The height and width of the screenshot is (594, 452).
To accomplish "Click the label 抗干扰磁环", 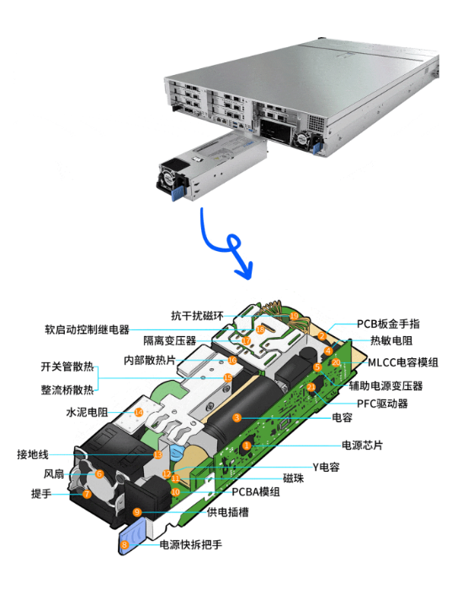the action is (x=197, y=315).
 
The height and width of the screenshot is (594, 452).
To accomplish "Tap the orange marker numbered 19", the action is (x=294, y=316).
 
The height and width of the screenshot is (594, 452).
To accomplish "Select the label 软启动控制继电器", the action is (x=87, y=329).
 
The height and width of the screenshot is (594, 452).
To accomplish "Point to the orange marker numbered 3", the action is (x=237, y=417).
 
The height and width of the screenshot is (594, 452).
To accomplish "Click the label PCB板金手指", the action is (x=388, y=324).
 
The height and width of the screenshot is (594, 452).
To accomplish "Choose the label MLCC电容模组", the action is (x=403, y=362).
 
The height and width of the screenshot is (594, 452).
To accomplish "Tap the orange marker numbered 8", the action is (x=125, y=545).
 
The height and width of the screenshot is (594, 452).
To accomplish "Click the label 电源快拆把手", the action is (x=191, y=544).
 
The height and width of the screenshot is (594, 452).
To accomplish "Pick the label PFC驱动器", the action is (x=382, y=404).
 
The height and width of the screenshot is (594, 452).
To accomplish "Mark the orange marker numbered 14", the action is (x=139, y=412).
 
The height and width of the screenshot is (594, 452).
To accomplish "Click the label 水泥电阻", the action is (x=87, y=412).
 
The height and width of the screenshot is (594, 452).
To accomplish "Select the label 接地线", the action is (x=33, y=454).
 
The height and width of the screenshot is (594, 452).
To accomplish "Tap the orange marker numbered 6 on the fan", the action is (x=99, y=474).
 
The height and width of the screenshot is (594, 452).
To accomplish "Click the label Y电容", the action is (x=326, y=467).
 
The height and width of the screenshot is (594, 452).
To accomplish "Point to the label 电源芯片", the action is (x=362, y=445).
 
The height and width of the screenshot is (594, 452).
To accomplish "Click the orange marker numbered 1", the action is (x=247, y=445).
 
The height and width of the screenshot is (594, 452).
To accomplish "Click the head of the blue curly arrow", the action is (x=245, y=272).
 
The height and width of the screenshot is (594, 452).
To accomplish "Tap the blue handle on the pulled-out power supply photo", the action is (x=178, y=194).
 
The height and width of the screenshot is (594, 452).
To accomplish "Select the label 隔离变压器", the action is (x=169, y=340).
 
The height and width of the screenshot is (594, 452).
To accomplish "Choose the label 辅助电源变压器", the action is (x=386, y=386).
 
